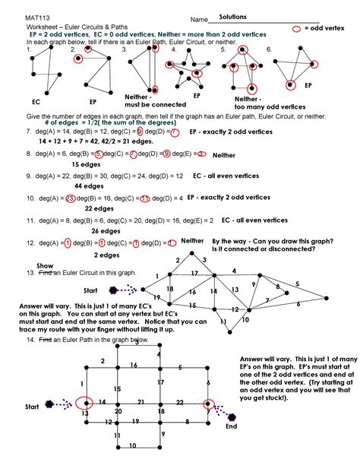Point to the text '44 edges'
pos(89,185)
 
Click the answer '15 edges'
pos(86,164)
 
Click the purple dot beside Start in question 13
pos(113,290)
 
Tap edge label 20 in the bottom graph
pos(118,411)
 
